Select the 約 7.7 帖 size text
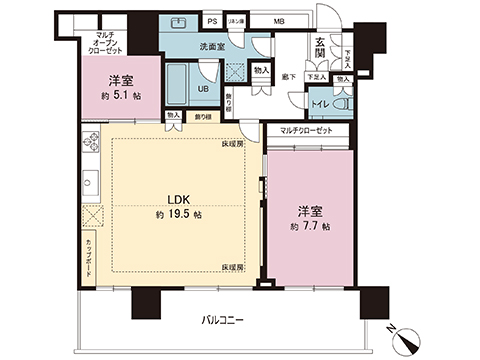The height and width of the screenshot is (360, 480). [x=307, y=226]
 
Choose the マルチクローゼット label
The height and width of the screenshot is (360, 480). [x=307, y=129]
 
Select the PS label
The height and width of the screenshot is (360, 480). [x=213, y=21]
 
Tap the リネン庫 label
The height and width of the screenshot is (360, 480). [x=238, y=21]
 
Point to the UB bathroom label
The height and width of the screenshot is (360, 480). [x=202, y=88]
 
